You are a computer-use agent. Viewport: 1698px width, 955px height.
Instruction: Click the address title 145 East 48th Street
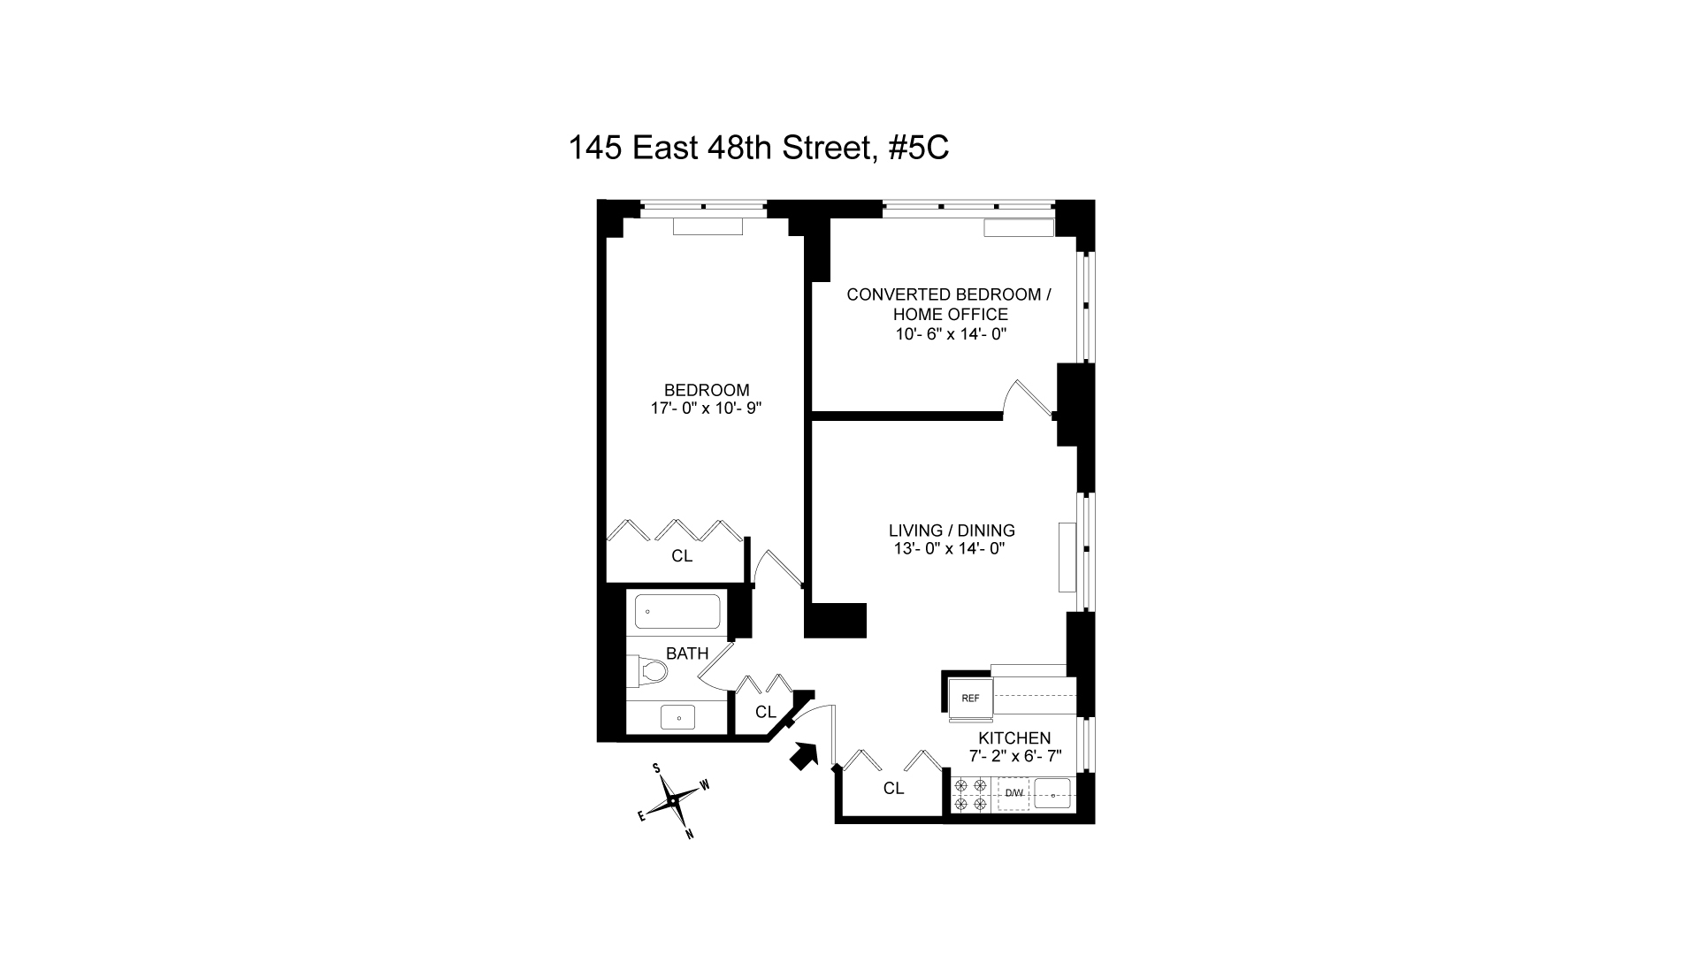pos(759,148)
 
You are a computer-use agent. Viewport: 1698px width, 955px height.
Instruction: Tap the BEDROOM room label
pos(707,390)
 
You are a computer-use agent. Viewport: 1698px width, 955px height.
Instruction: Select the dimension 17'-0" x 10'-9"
pos(706,409)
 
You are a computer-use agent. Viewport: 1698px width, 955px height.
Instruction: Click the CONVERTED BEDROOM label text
pos(949,294)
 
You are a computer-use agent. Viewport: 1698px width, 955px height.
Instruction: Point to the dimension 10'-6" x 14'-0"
pos(951,334)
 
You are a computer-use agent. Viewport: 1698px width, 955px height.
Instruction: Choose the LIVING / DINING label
pos(952,531)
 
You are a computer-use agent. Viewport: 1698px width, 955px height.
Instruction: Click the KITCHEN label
pos(1014,738)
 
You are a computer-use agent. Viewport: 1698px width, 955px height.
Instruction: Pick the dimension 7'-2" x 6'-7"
pos(1014,757)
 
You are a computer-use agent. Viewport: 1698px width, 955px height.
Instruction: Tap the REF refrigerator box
pos(970,698)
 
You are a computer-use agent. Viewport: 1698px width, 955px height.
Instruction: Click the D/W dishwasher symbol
pos(1013,793)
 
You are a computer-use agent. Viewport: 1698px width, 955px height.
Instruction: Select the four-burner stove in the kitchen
pos(971,794)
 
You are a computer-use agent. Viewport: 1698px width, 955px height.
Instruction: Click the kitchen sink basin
pos(1052,793)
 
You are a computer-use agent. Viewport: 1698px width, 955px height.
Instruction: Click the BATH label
pos(687,654)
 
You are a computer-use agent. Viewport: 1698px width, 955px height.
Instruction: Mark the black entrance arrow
pos(803,756)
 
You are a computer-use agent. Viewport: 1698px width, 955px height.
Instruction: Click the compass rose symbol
pos(673,800)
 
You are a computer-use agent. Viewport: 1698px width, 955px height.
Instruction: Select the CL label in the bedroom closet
pos(682,556)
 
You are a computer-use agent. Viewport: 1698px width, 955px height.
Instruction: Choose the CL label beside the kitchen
pos(893,788)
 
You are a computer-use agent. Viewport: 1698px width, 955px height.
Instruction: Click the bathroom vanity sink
pos(678,717)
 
